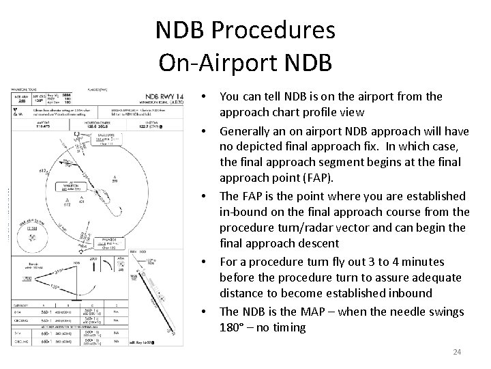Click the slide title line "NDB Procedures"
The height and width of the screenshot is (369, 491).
245,30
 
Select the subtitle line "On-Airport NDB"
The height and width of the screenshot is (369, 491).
245,63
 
